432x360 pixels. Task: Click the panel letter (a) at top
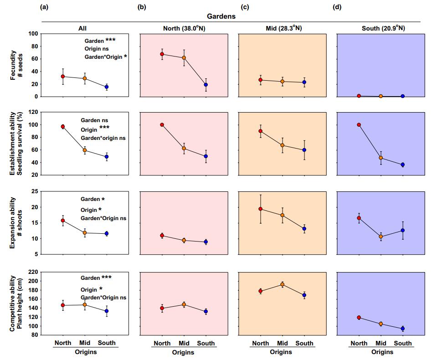pos(44,6)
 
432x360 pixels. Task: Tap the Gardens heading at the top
pos(221,16)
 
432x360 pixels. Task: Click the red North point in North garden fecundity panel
pos(162,54)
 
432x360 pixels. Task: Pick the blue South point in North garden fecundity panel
pos(206,85)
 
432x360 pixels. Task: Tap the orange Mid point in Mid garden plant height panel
pos(282,285)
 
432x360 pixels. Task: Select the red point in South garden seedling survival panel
pos(359,125)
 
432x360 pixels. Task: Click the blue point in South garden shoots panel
pos(402,231)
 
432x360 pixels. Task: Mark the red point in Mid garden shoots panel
pos(261,209)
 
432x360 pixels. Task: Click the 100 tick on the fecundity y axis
pos(32,34)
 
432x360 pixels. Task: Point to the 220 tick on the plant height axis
pos(32,272)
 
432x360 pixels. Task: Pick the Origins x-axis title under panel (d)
pos(381,352)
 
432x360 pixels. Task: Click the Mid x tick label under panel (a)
pos(85,343)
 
